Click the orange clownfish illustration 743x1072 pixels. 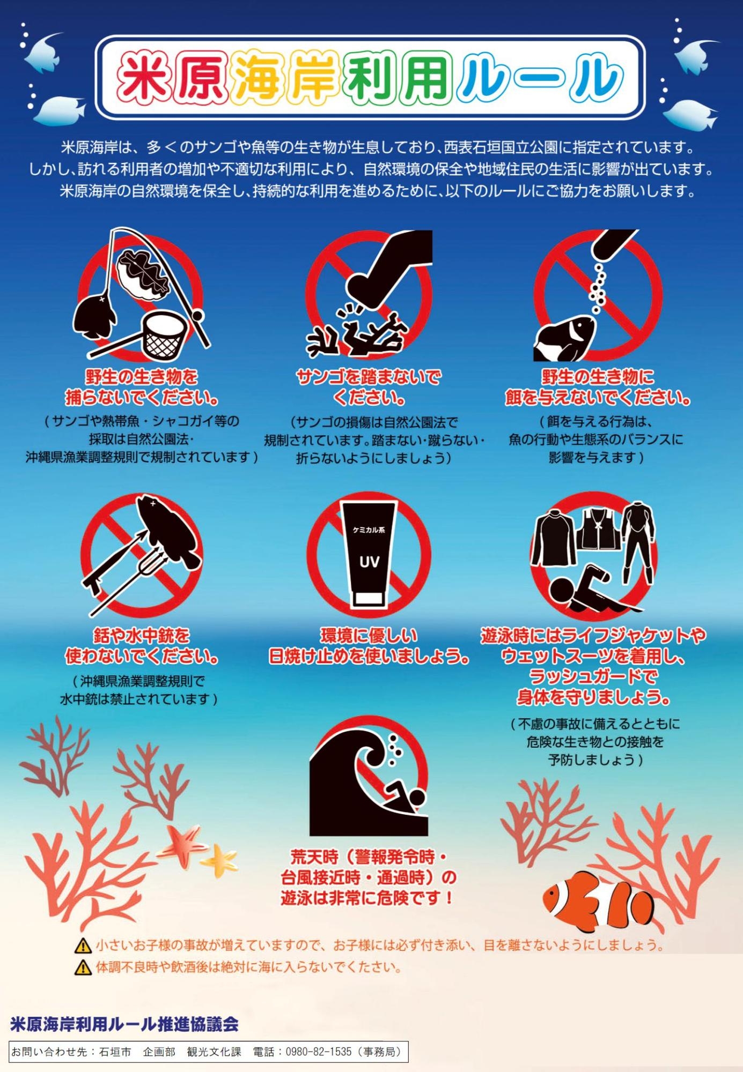tap(598, 903)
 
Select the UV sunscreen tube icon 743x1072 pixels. tap(369, 553)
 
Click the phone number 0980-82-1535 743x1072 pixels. tap(318, 1052)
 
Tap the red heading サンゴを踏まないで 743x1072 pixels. tap(369, 377)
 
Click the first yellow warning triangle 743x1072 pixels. tap(83, 945)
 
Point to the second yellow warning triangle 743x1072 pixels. tap(83, 967)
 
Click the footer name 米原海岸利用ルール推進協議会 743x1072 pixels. tap(124, 1024)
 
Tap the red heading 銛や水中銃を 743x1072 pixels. tap(142, 636)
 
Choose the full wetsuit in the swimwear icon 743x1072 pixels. tap(638, 541)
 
